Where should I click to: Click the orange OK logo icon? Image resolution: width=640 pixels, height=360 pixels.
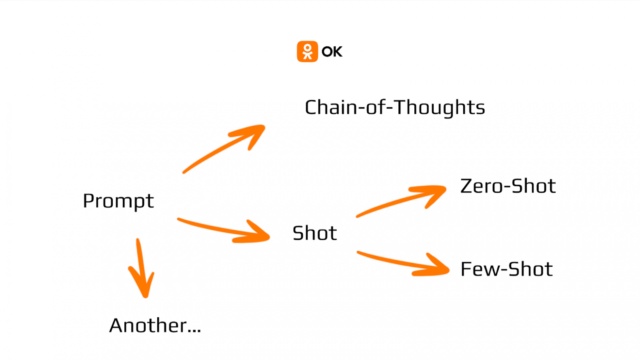307,52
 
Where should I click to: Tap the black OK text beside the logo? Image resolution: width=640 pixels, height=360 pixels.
332,52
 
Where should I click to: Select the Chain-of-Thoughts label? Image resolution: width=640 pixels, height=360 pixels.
395,108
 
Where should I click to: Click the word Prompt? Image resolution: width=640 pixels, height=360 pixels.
118,201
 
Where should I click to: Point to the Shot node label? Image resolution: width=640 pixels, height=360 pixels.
315,233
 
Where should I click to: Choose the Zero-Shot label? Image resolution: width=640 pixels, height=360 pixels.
508,186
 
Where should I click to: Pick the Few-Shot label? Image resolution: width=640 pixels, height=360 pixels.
507,269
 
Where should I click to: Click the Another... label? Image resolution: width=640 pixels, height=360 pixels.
155,326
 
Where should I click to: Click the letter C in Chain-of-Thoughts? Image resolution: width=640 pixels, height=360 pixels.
311,108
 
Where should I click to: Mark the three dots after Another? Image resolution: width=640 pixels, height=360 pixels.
194,330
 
